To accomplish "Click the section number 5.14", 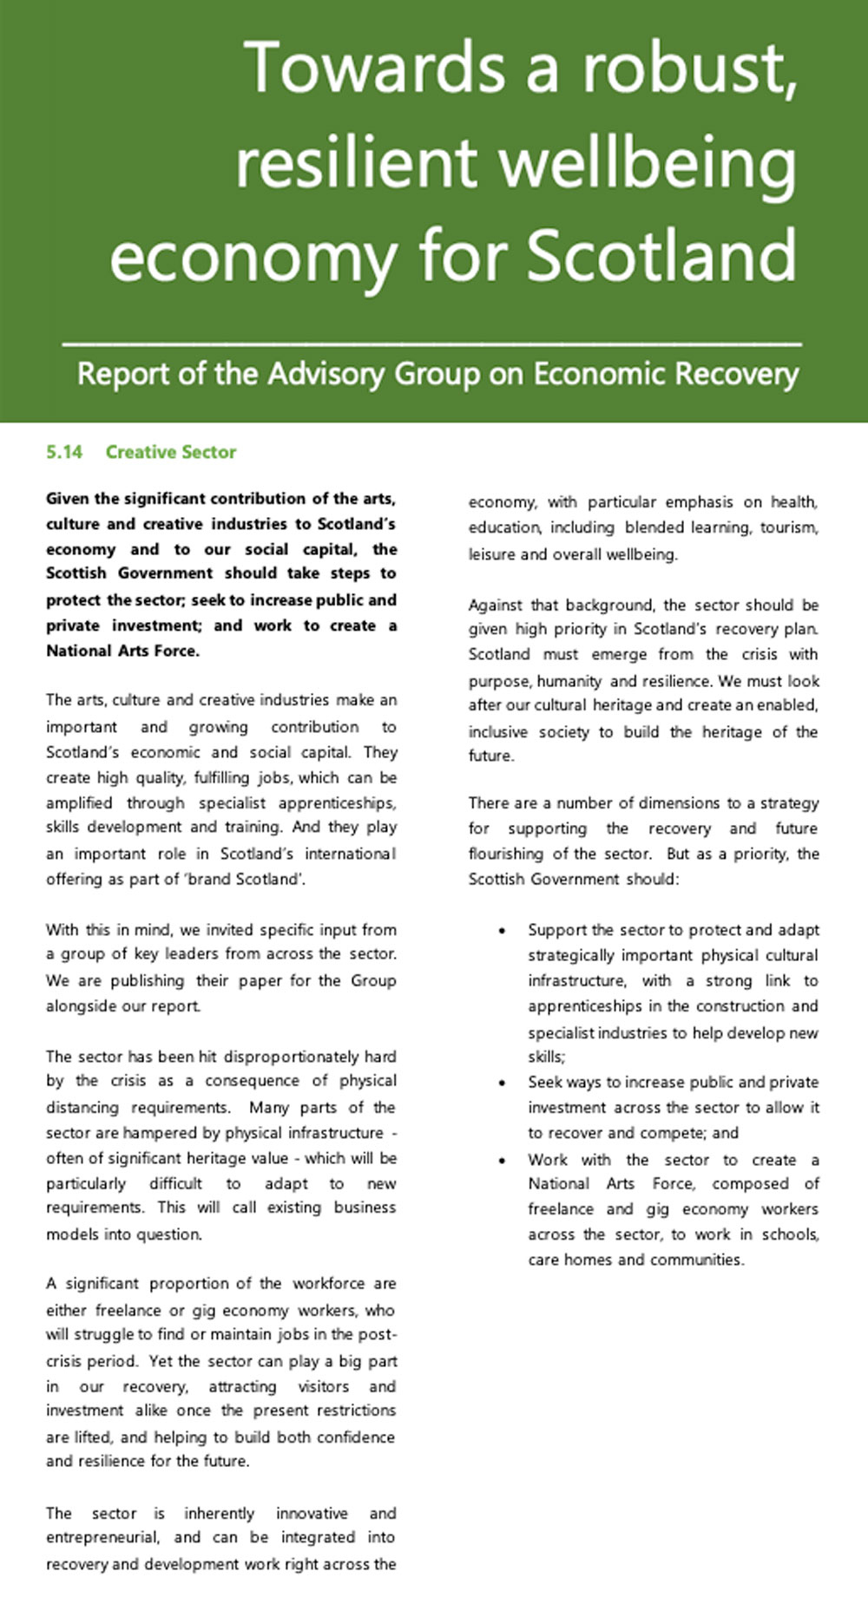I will coord(64,452).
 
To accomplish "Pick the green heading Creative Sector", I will coord(171,452).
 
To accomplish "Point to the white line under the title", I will coord(431,345).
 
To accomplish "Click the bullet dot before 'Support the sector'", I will coord(503,931).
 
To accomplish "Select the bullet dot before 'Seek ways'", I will coord(503,1083).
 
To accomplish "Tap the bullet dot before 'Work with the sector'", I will coord(503,1161).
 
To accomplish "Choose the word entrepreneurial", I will coord(102,1537).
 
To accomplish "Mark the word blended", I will coord(653,527).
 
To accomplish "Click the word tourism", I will coord(788,527).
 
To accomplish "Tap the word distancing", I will coord(82,1108).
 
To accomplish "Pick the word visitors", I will coord(324,1386).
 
